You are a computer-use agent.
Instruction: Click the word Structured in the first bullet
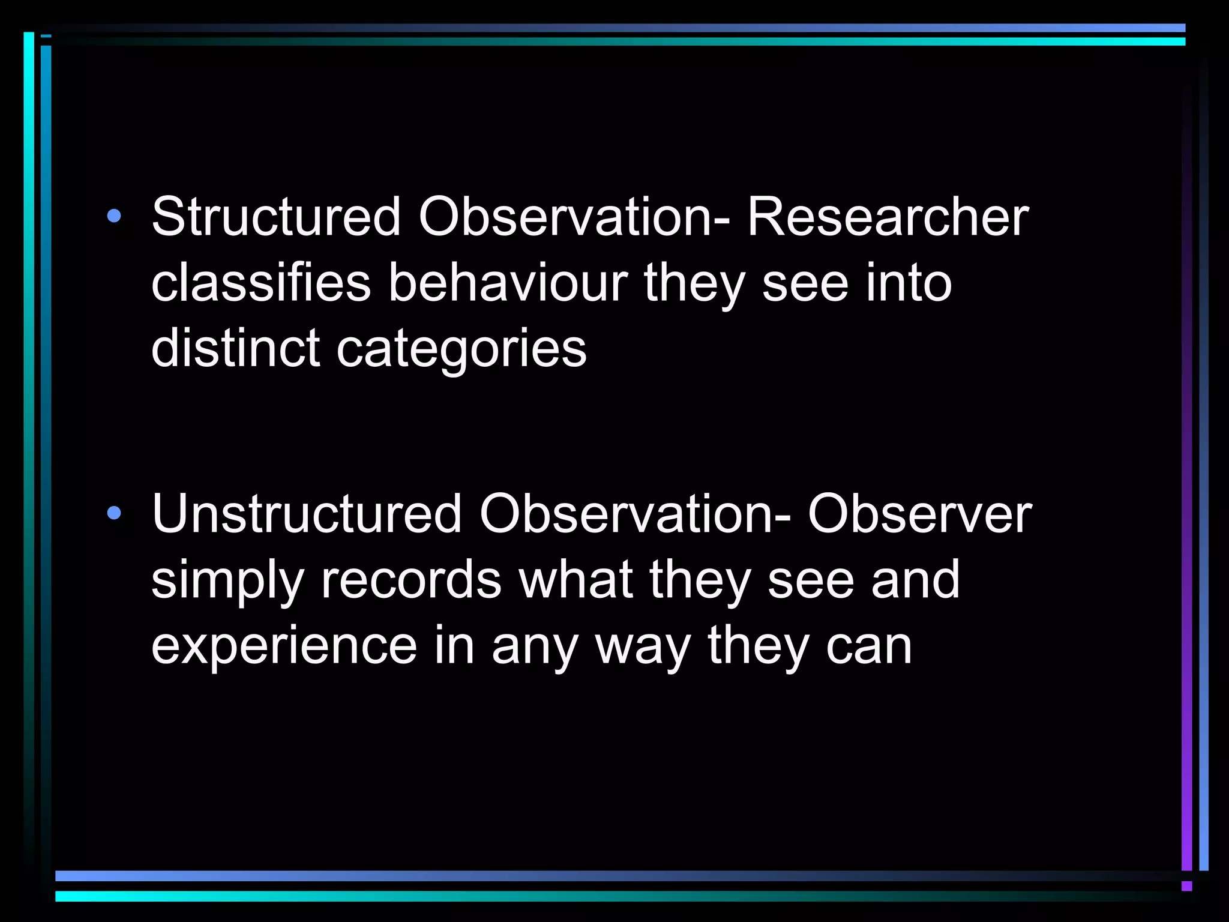(x=275, y=217)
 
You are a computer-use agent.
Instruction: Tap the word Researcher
(x=888, y=217)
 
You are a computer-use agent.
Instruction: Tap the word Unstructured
(x=306, y=514)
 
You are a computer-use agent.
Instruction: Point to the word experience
(x=284, y=647)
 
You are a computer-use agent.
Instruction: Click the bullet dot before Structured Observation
(x=113, y=217)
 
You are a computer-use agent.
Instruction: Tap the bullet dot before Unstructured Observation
(x=113, y=514)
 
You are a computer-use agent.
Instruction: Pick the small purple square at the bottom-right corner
(x=1186, y=886)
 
